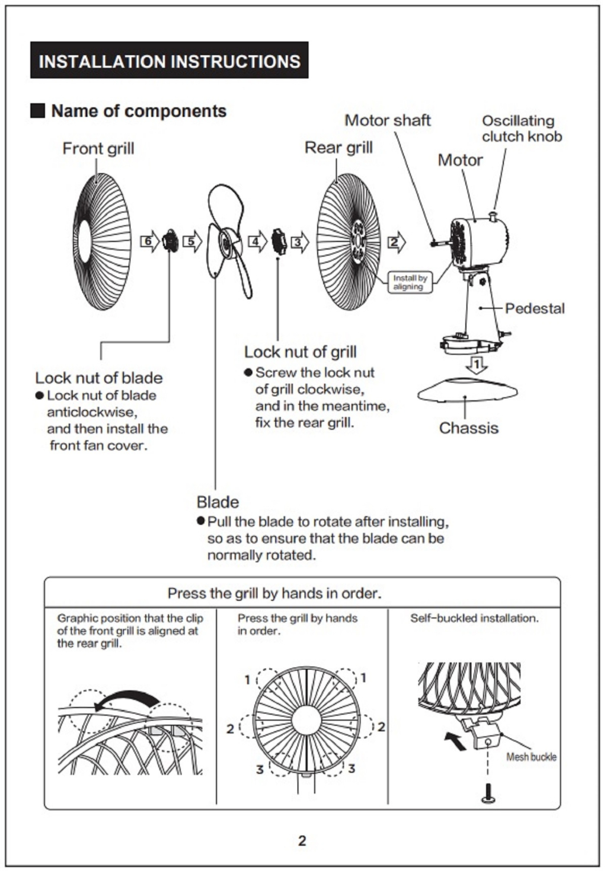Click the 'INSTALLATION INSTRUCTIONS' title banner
click(169, 60)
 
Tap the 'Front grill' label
click(98, 148)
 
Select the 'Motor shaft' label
click(388, 120)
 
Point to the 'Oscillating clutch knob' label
click(522, 129)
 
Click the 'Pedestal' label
click(535, 308)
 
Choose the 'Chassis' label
click(468, 428)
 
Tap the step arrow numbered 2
click(397, 242)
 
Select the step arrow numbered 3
click(299, 242)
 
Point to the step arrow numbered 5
click(192, 242)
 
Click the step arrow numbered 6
click(149, 242)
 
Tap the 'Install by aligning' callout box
click(409, 282)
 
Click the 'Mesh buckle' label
click(531, 757)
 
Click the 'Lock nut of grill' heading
click(300, 352)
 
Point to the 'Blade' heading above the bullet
click(218, 502)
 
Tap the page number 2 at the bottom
click(302, 840)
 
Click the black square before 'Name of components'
click(37, 111)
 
